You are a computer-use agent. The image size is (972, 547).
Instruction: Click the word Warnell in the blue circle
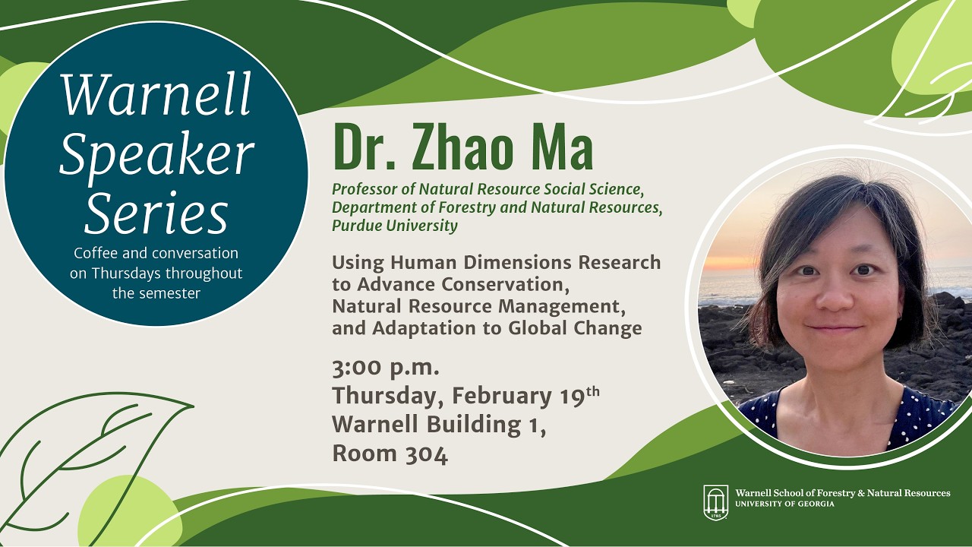(156, 93)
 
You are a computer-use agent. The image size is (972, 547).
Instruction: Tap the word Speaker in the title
(156, 154)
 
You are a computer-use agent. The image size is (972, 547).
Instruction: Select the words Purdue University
(395, 226)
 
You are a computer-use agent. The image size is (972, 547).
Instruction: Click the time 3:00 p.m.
(386, 368)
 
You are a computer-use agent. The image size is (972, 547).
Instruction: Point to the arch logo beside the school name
(715, 502)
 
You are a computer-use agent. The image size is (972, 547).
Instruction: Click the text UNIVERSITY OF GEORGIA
(784, 504)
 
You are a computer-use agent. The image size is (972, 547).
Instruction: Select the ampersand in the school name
(861, 493)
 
